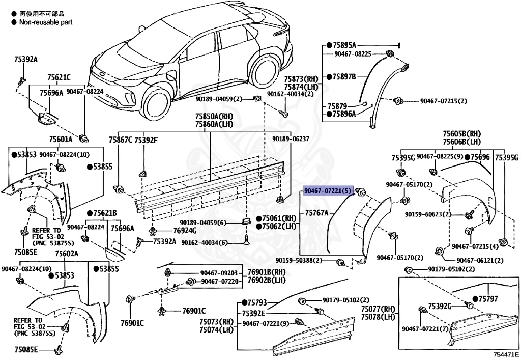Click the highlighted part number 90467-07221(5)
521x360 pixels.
[328, 191]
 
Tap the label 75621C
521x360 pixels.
[59, 78]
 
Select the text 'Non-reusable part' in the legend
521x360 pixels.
[46, 22]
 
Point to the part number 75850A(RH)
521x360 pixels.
[210, 116]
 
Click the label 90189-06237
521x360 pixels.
[290, 139]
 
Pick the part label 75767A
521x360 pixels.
[316, 212]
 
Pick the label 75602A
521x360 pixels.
[66, 253]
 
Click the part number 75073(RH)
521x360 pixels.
[216, 322]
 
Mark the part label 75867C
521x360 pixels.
[120, 140]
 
